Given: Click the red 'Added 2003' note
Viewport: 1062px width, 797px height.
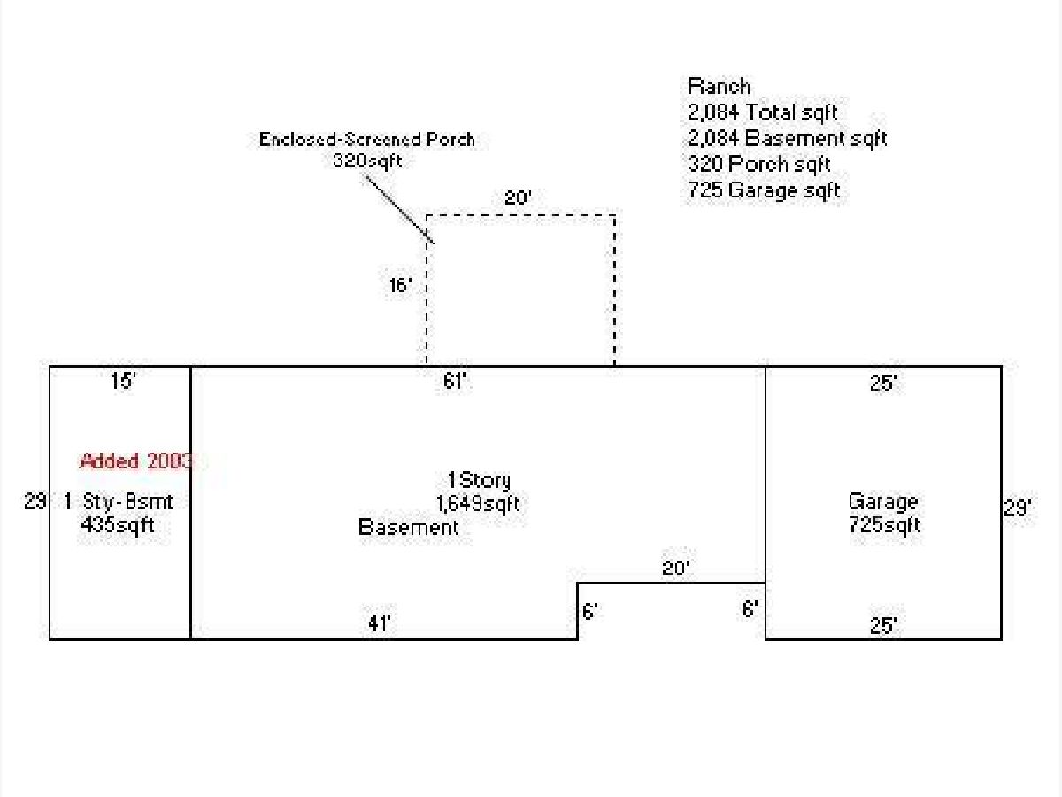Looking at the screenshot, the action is coord(136,461).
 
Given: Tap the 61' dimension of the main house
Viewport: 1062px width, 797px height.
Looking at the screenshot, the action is coord(454,382).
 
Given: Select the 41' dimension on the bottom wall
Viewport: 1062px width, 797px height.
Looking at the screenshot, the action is coord(380,623).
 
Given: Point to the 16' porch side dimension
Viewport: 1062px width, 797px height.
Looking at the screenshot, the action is coord(400,285).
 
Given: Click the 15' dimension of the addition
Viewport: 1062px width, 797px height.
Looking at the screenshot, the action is coord(122,381).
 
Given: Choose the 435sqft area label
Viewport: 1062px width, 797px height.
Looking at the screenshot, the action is coord(118,524).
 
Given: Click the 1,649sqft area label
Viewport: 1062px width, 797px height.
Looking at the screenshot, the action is coord(478,504).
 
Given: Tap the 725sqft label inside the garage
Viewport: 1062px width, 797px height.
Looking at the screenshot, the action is coord(884,524).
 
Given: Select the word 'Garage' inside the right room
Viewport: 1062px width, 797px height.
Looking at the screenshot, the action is coord(883,502).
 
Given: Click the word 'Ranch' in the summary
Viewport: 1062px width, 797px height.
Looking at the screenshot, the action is coord(720,87).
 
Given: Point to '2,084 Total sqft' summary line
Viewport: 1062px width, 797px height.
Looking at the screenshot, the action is coord(763,112).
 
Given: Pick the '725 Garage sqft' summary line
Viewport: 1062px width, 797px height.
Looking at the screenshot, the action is coord(764,190).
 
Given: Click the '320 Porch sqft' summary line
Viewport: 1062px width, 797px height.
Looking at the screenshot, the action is coord(759,164).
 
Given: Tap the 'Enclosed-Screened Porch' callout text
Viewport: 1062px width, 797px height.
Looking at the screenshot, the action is coord(366,139).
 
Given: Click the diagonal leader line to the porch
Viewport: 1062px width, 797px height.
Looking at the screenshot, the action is coord(400,209).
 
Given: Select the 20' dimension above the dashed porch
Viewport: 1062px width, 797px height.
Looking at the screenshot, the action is coord(518,197).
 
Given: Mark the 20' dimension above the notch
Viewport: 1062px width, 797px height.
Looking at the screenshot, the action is coord(676,568).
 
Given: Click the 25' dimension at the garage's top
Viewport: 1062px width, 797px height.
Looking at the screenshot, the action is coord(883,383).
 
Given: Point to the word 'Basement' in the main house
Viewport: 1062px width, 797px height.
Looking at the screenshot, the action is coord(408,527).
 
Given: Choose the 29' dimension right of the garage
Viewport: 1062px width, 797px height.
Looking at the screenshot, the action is coord(1018,507).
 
